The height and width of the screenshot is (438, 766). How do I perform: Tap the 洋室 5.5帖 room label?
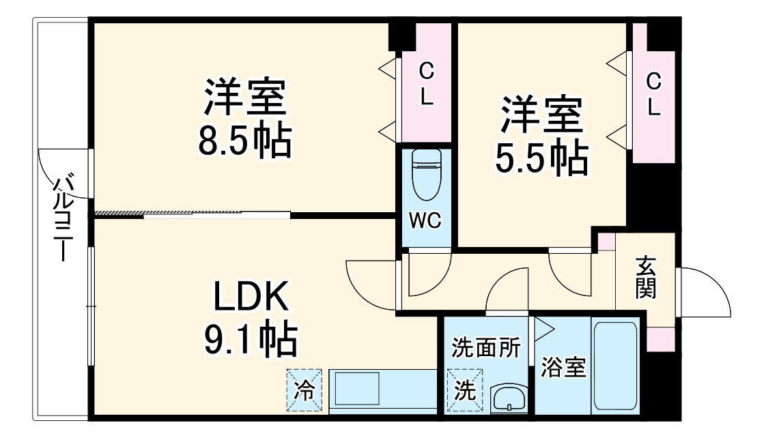(x=541, y=136)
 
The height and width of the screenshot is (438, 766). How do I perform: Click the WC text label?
(x=425, y=220)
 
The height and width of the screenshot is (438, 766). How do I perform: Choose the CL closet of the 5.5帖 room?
(x=653, y=94)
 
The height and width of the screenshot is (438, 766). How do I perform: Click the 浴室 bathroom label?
(x=563, y=368)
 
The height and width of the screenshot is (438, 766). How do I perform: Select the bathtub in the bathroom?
(x=615, y=366)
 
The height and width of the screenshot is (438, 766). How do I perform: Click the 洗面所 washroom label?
(x=486, y=348)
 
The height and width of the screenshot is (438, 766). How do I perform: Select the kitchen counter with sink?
(x=382, y=391)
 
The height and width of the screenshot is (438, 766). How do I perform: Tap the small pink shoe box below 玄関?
(x=660, y=338)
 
